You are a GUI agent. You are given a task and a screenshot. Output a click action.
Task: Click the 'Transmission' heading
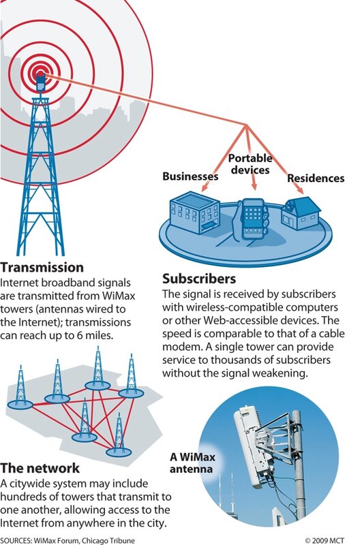[42, 267]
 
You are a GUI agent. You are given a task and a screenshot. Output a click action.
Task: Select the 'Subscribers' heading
[199, 279]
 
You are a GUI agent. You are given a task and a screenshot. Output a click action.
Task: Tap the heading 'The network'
[40, 468]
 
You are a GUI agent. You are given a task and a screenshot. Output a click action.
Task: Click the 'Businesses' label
[190, 176]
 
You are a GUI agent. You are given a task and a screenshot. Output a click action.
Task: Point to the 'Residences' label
[316, 178]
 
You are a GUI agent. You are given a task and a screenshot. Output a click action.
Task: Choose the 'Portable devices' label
[250, 164]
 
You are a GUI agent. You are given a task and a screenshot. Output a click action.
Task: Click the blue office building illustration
[194, 212]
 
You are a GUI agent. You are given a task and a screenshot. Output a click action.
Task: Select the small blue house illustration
[301, 213]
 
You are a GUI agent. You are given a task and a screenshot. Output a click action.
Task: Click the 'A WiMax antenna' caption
[192, 463]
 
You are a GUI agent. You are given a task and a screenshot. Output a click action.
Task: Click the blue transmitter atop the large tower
[41, 82]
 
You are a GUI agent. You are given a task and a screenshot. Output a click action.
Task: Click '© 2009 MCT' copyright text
[324, 540]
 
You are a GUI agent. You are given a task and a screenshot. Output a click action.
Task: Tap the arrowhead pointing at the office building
[205, 189]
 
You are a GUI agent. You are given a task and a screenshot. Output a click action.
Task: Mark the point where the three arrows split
[247, 125]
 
